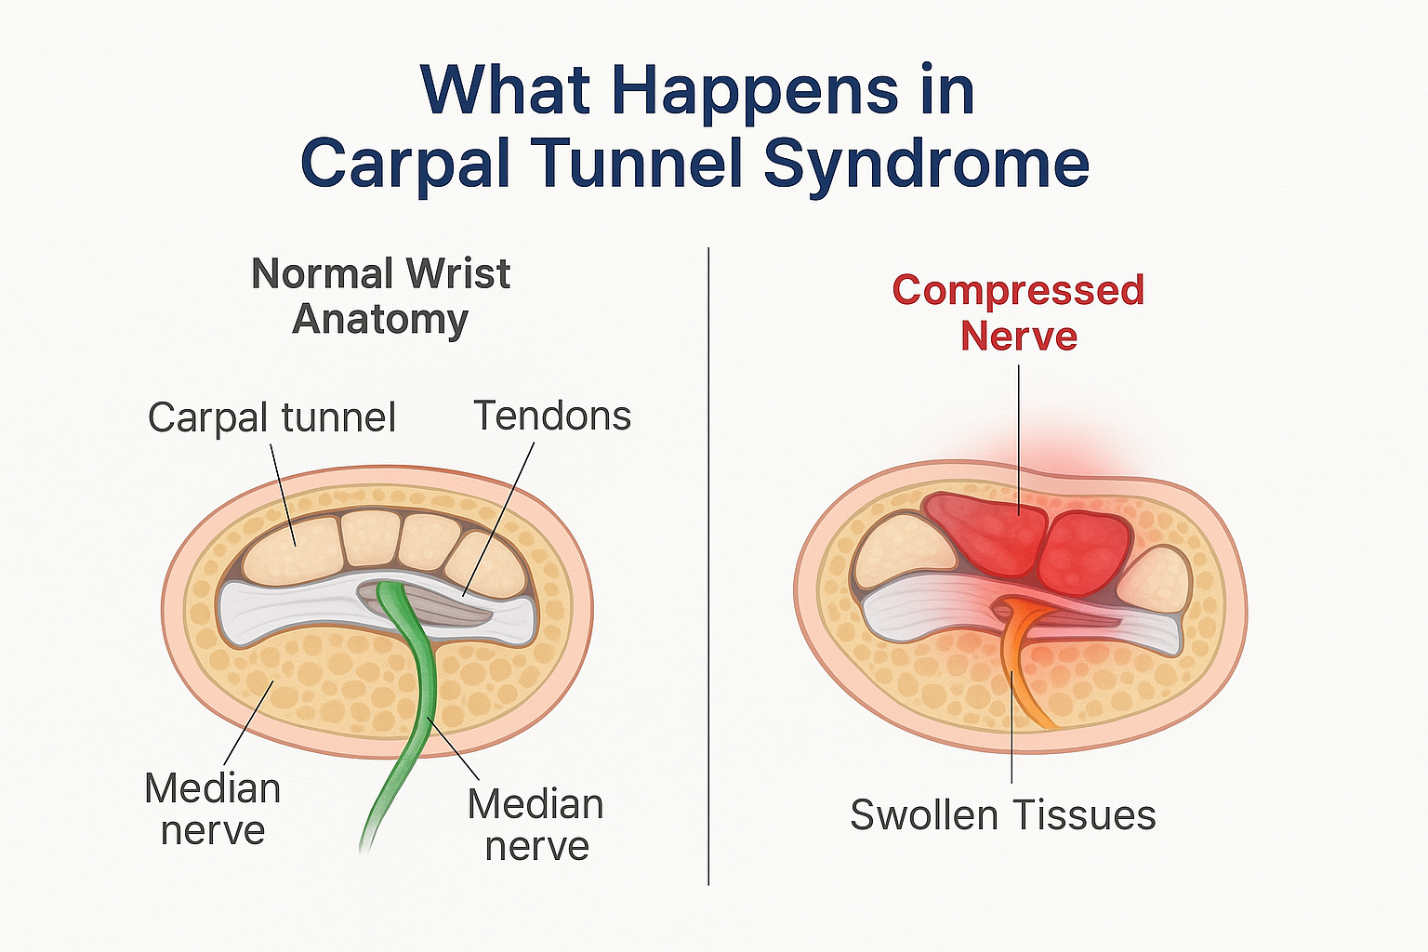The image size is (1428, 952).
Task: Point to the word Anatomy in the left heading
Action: (x=380, y=320)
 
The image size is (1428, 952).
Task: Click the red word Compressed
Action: (x=1018, y=290)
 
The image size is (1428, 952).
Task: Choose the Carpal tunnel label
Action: (x=271, y=417)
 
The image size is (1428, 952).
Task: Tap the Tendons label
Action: (x=552, y=416)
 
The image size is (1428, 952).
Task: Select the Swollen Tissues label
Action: (x=1002, y=815)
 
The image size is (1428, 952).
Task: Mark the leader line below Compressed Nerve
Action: (x=1020, y=437)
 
